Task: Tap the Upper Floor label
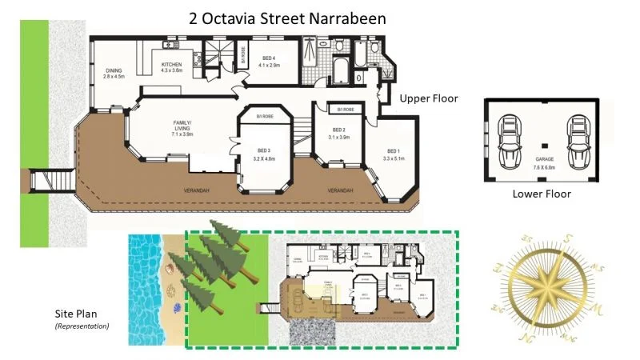click(428, 99)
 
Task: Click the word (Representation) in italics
click(82, 326)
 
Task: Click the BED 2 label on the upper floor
click(339, 133)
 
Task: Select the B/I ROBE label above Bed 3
click(265, 117)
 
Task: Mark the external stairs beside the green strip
click(41, 181)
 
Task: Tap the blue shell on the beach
click(177, 307)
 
